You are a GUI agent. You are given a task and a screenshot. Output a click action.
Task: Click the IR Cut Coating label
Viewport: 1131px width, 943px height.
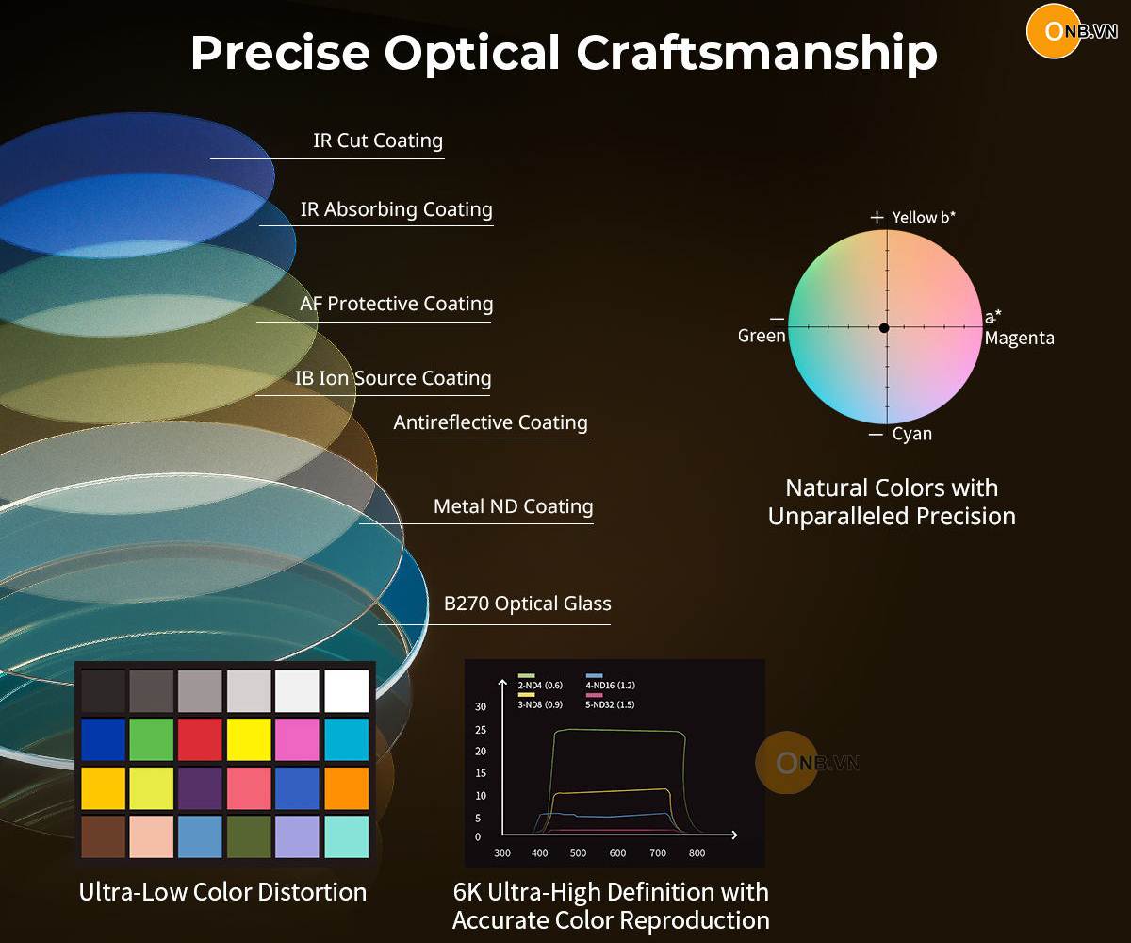coord(378,141)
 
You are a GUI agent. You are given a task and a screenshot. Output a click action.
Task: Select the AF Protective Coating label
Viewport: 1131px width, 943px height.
coord(397,304)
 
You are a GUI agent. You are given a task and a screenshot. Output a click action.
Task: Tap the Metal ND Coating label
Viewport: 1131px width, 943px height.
coord(513,506)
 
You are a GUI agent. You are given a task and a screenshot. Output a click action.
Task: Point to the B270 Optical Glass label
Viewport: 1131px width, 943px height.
coord(527,604)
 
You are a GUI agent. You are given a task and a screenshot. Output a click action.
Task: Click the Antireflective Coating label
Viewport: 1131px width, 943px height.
coord(490,422)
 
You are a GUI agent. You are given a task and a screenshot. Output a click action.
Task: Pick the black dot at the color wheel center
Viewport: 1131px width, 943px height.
coord(884,328)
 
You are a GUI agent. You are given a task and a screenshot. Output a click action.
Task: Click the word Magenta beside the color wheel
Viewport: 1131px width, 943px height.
coord(1020,339)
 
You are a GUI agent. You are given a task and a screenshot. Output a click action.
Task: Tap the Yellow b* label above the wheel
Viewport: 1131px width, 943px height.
coord(924,217)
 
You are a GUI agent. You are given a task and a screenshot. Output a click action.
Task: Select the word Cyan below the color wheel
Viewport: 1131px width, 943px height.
coord(912,434)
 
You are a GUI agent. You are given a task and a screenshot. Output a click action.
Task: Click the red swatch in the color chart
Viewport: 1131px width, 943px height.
coord(200,739)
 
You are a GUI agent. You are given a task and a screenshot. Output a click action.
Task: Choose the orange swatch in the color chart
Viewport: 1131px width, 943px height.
coord(347,788)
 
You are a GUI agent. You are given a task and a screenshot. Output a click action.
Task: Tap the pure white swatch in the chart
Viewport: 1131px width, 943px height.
coord(347,690)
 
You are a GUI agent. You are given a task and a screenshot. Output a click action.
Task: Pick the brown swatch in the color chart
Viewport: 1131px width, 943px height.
coord(103,836)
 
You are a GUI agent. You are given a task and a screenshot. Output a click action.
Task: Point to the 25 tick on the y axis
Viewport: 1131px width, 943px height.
coord(481,730)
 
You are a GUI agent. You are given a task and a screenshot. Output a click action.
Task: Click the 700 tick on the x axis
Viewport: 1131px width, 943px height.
coord(658,853)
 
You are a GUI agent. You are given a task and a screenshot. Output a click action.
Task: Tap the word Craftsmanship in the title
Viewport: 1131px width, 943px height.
coord(757,53)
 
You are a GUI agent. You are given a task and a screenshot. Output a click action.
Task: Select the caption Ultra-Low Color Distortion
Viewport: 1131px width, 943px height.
coord(222,892)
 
